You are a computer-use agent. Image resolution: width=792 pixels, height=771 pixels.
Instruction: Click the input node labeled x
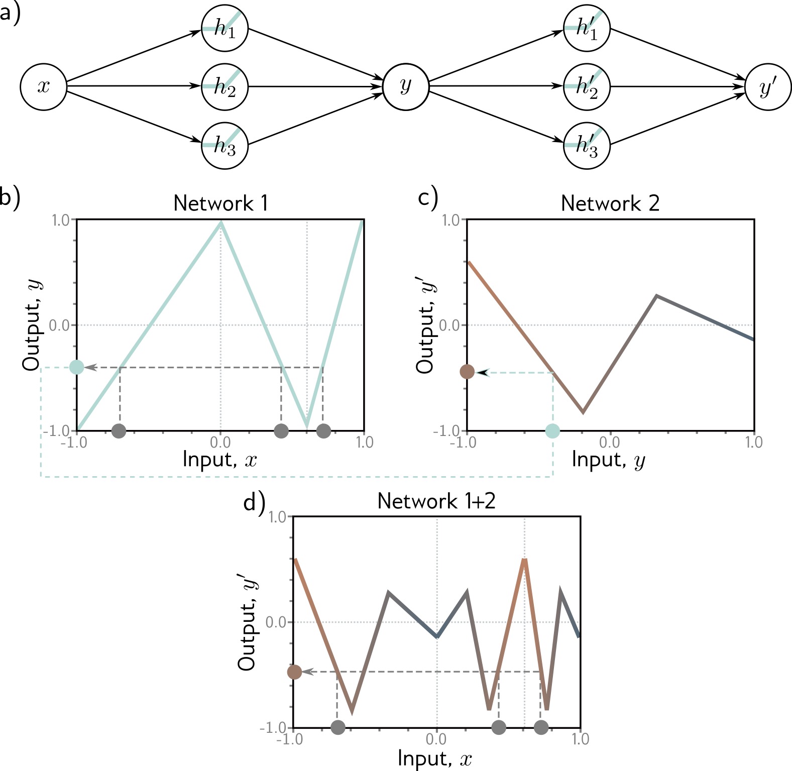click(x=44, y=87)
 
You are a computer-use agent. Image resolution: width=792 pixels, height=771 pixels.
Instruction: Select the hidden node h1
click(x=224, y=28)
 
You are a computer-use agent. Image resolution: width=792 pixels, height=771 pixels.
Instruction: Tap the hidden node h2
click(x=224, y=87)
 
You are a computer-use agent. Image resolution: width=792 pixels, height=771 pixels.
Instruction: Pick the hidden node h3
click(x=224, y=146)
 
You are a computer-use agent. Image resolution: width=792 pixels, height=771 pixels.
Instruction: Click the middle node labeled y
click(x=406, y=87)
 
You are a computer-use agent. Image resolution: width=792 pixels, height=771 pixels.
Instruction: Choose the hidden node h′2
click(x=587, y=87)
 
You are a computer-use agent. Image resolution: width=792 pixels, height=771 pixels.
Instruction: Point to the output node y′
click(x=768, y=87)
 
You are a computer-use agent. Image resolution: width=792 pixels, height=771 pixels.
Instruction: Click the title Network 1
click(x=220, y=203)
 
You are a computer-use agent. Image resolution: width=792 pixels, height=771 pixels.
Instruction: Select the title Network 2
click(x=610, y=203)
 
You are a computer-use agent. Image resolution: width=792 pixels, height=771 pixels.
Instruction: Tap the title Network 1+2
click(x=436, y=501)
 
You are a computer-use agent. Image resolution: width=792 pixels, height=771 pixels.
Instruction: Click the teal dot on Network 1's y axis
click(x=77, y=367)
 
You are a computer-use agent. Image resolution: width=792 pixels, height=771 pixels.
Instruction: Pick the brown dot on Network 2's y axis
click(x=467, y=372)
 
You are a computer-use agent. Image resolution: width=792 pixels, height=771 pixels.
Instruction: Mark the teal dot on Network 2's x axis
click(x=552, y=430)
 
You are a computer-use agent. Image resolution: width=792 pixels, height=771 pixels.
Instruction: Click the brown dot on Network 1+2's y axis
click(x=294, y=672)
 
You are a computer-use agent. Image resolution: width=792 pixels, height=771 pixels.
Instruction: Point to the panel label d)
click(x=254, y=502)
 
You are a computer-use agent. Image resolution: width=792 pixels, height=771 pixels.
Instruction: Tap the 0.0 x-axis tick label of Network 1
click(x=220, y=443)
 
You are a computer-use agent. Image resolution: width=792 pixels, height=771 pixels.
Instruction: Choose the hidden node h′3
click(x=587, y=146)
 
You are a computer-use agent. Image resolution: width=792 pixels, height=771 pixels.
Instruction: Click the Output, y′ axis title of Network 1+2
click(x=248, y=623)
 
